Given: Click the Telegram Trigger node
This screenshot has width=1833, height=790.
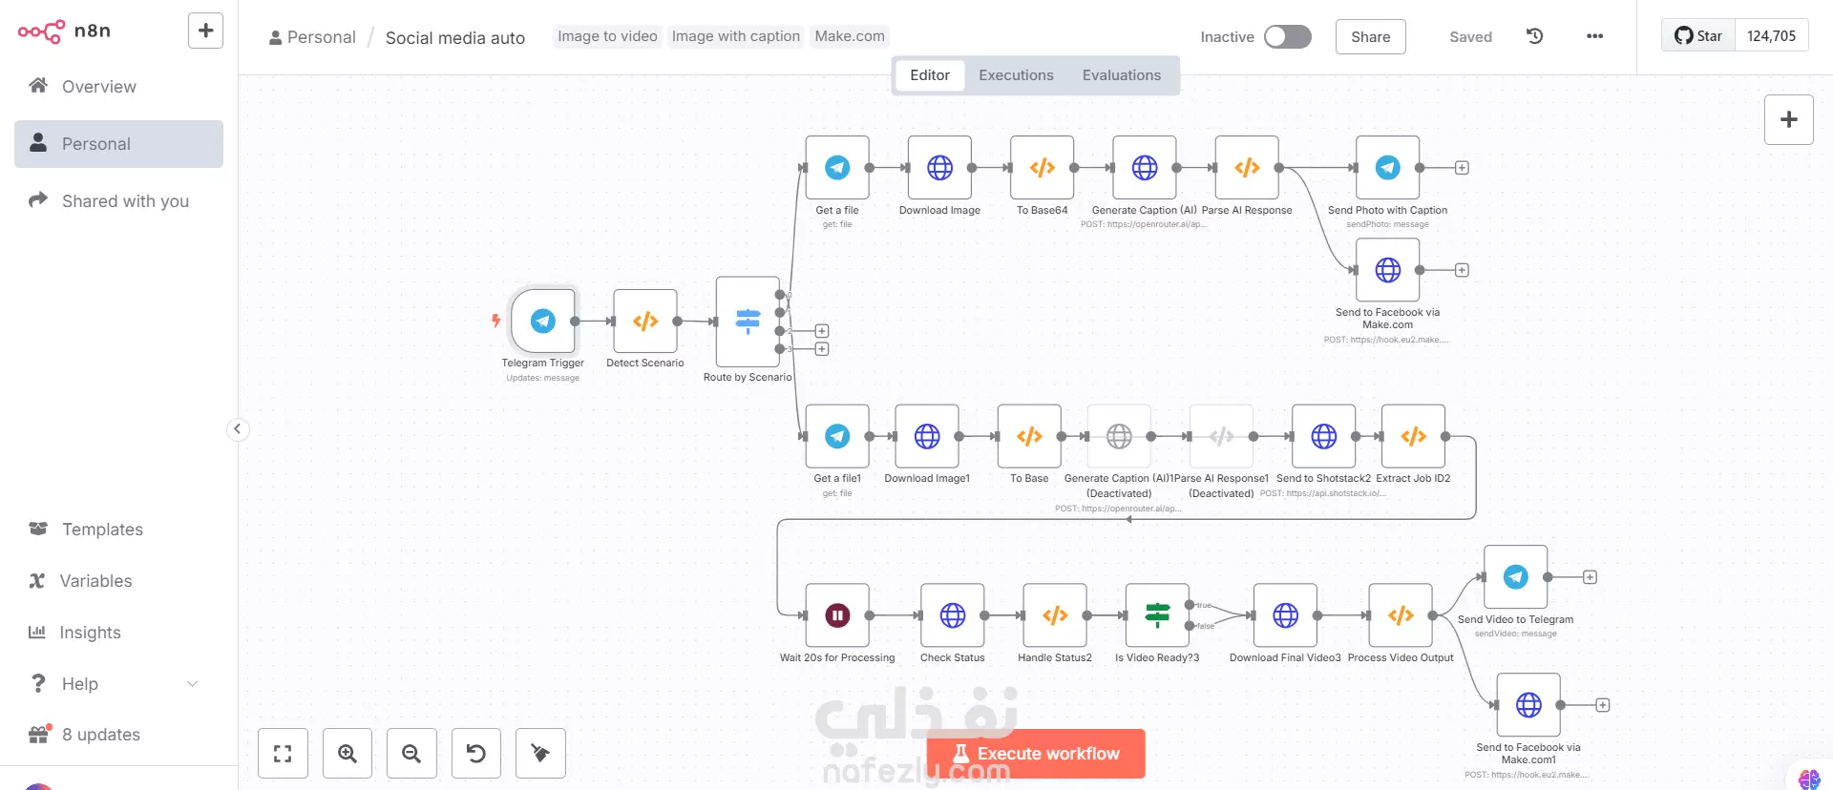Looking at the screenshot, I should [543, 322].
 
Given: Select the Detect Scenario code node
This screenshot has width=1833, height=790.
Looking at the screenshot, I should [645, 322].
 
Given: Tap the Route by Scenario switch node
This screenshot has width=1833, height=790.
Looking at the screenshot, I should [748, 322].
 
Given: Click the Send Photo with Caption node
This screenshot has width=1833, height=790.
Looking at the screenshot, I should [1387, 168].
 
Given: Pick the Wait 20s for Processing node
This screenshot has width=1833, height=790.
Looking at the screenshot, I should [837, 615].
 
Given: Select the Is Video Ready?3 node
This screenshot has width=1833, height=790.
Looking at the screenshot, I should [1157, 615].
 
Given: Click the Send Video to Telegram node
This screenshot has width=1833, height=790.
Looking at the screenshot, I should [1515, 577].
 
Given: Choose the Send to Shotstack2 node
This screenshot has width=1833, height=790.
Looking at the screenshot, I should [1323, 437].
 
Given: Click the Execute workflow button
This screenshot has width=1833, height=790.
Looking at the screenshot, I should [1036, 754].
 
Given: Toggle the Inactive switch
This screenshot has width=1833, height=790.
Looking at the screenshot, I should [1287, 37].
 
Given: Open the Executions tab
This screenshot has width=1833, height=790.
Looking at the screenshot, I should [1016, 75].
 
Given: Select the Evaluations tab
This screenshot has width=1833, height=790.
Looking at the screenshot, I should [1121, 75].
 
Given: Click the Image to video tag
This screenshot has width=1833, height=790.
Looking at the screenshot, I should [607, 36].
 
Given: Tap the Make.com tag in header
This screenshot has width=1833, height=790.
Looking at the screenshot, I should [850, 36].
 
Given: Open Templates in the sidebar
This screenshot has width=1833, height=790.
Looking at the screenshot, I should [102, 530].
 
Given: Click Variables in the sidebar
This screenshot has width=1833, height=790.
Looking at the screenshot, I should [95, 581].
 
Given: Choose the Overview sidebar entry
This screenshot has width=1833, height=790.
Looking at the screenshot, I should [98, 87].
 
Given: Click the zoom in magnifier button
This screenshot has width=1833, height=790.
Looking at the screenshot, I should [348, 754].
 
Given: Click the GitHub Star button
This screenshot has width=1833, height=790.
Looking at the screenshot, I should [1698, 36].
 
